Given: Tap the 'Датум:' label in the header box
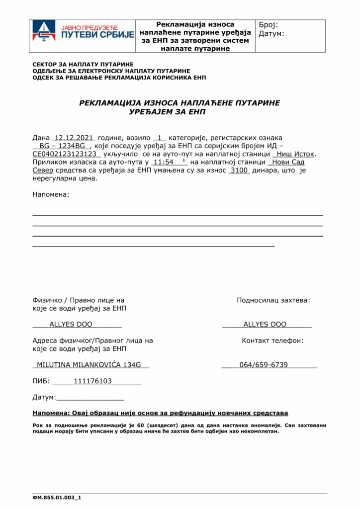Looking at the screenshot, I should pyautogui.click(x=271, y=34).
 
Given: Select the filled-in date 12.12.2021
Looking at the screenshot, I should pyautogui.click(x=74, y=137).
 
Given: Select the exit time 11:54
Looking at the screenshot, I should pyautogui.click(x=163, y=162).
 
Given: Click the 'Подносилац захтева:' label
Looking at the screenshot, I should pyautogui.click(x=273, y=300).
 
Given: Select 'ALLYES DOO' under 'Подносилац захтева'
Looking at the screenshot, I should pyautogui.click(x=265, y=325).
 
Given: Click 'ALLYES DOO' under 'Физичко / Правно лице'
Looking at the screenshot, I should pyautogui.click(x=71, y=325).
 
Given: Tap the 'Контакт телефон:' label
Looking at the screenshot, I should pyautogui.click(x=272, y=340).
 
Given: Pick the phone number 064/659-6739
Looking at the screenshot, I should pyautogui.click(x=264, y=365).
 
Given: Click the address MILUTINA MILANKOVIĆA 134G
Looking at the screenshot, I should pyautogui.click(x=90, y=365).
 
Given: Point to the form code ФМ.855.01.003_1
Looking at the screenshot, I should pyautogui.click(x=57, y=497).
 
